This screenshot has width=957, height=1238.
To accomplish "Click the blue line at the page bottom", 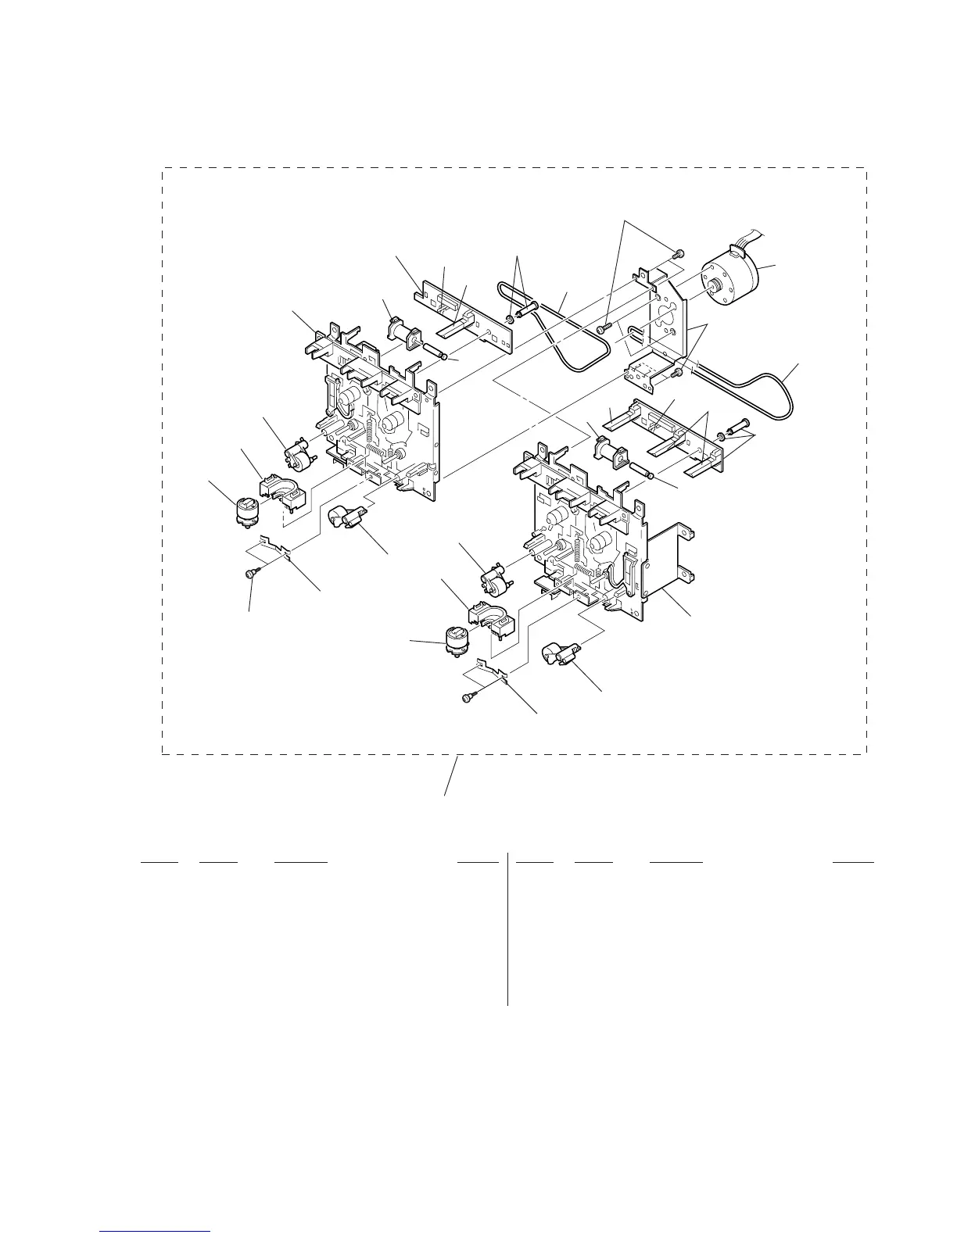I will click(x=156, y=1231).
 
